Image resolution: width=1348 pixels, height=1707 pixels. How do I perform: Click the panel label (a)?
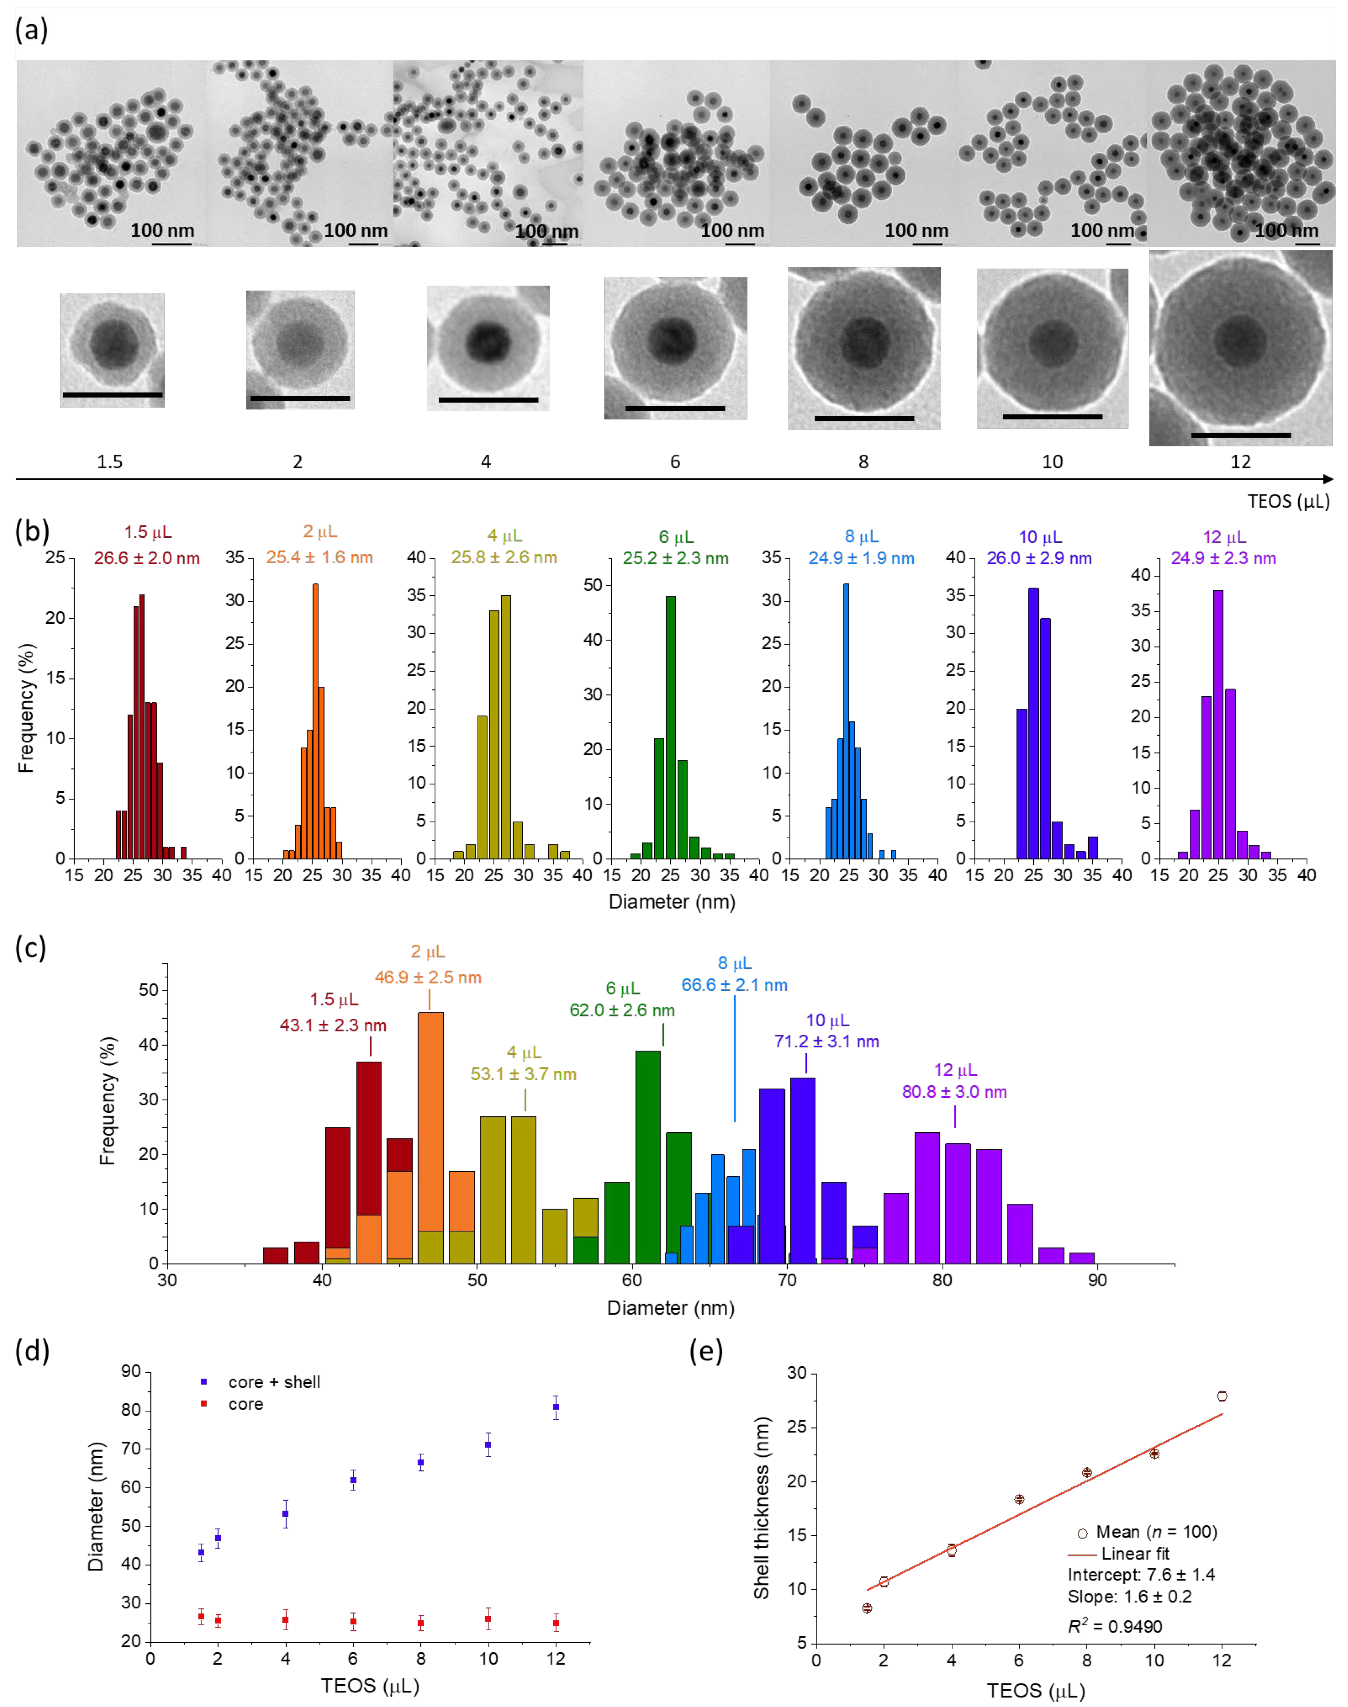[x=32, y=30]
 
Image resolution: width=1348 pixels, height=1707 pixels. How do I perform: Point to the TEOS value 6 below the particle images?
[x=675, y=462]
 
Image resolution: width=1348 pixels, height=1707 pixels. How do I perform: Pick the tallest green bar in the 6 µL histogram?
[x=671, y=726]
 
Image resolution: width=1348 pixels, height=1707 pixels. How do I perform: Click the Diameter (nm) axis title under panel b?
[x=672, y=902]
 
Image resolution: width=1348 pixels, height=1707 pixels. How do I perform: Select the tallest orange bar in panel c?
[x=430, y=1137]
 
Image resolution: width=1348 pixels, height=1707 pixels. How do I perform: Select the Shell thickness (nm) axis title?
[x=762, y=1508]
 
